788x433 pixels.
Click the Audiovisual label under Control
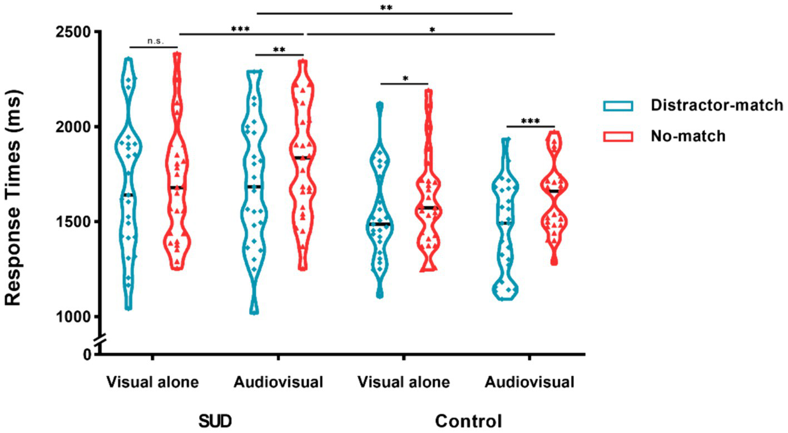pos(529,383)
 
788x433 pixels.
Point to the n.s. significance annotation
pos(153,41)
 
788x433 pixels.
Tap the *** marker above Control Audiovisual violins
pos(531,121)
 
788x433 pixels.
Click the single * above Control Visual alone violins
pos(405,78)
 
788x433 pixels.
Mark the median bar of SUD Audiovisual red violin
pos(302,158)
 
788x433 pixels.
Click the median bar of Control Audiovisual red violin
pos(554,191)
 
